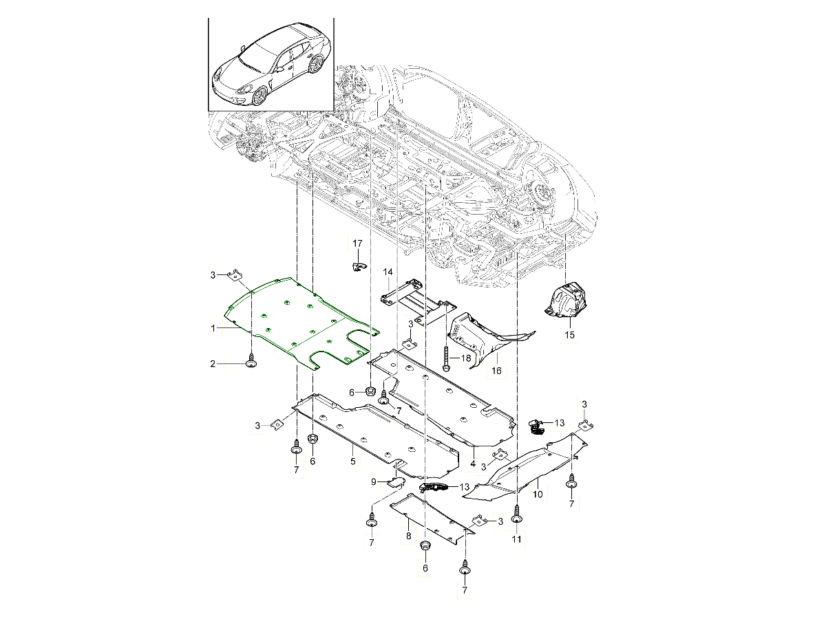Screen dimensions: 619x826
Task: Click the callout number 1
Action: coord(215,329)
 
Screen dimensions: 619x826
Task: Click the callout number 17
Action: coord(357,243)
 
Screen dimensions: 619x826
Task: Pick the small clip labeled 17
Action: coord(357,265)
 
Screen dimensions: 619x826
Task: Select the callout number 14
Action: coord(388,273)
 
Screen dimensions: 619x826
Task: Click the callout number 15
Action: coord(569,336)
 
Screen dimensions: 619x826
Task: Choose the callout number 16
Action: coord(496,371)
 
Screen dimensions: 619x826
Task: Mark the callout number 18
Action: coord(466,359)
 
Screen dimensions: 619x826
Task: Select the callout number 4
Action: coord(473,464)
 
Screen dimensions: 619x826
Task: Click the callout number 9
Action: coord(374,482)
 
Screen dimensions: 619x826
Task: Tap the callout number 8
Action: coord(408,535)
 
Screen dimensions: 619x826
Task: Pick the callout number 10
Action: coord(537,494)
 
